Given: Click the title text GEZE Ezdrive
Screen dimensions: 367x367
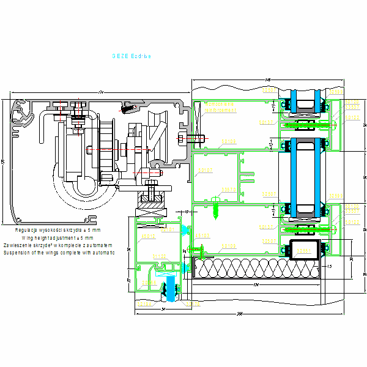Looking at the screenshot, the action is click(131, 55).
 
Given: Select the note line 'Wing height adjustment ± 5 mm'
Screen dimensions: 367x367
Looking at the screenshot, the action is click(58, 237).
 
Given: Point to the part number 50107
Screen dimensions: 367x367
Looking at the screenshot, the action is click(205, 171).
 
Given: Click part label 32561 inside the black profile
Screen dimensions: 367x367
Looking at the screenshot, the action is click(305, 250).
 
